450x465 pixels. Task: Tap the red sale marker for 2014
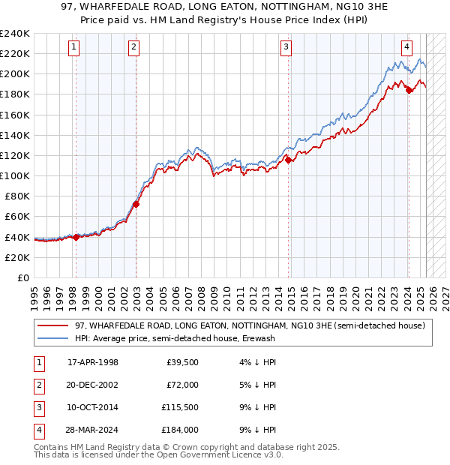(x=289, y=160)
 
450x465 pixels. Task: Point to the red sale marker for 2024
(x=409, y=90)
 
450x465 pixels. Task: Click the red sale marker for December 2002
(x=136, y=204)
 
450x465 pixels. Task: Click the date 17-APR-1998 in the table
(x=93, y=363)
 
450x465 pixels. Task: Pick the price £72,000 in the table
(x=182, y=385)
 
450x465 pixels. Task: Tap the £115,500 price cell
(x=180, y=407)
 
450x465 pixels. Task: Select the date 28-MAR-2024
(x=93, y=430)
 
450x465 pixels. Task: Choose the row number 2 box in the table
(x=38, y=385)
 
